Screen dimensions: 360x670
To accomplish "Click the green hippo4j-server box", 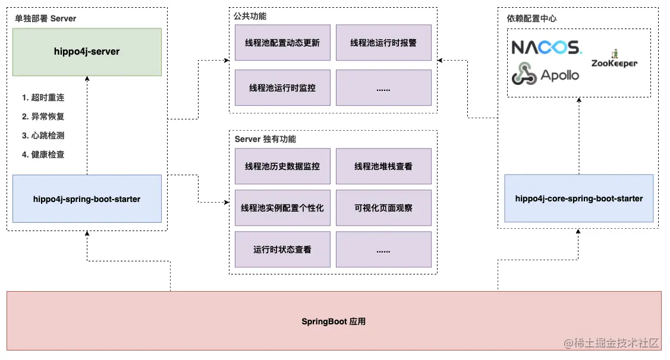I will (x=87, y=52).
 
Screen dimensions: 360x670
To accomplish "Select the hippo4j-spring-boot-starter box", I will (x=87, y=199).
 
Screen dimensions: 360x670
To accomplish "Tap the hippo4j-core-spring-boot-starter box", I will (x=578, y=198).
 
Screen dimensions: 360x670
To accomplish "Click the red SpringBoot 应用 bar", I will (x=334, y=321).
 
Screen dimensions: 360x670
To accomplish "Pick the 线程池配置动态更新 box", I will (x=282, y=43).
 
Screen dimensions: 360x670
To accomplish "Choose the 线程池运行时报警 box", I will (x=383, y=43).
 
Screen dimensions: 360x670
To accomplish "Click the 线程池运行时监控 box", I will (x=282, y=88).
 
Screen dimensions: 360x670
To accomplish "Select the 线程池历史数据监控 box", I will (x=282, y=166).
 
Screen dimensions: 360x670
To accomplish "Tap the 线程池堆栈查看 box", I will (x=383, y=166).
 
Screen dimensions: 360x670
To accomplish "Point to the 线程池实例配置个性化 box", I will (x=282, y=208).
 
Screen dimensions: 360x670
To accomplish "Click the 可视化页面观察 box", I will (x=383, y=208).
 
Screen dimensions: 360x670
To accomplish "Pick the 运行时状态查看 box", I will (x=282, y=250).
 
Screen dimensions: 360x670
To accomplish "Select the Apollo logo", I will (x=545, y=74).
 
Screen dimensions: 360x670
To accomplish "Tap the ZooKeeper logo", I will (x=614, y=60).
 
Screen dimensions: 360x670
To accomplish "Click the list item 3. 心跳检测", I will (x=43, y=135).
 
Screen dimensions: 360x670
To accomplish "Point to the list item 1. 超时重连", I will (x=43, y=97).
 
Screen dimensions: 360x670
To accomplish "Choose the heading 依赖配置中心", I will (x=528, y=18).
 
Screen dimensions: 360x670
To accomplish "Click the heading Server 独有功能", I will (x=265, y=139).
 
